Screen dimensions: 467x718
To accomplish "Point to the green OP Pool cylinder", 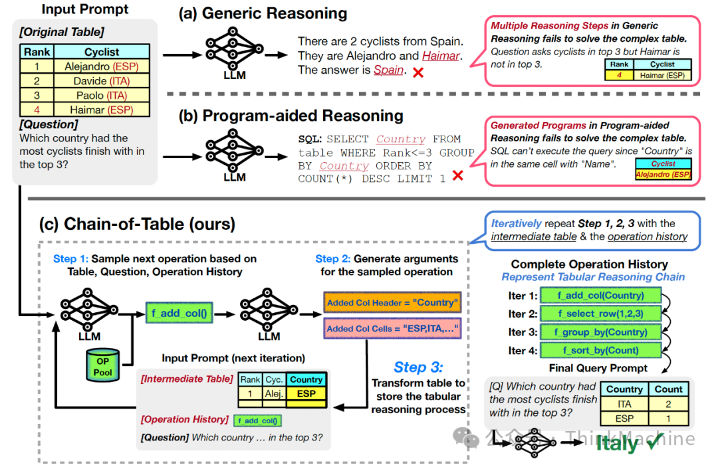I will point(102,365).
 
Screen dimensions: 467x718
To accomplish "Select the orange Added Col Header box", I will point(392,303).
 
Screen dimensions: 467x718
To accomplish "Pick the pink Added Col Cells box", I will point(392,328).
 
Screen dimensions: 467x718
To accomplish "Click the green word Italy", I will point(616,444).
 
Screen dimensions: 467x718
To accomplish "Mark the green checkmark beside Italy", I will point(655,442).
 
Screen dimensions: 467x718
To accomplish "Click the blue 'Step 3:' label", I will point(418,367).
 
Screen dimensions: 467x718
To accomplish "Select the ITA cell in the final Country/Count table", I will point(624,404).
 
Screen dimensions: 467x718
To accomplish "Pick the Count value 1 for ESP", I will point(668,419).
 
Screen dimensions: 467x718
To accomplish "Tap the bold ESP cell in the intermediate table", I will point(306,393).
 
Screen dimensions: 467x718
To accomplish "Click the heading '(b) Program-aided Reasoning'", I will point(291,116).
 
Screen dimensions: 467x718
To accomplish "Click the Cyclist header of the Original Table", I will point(102,52).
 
